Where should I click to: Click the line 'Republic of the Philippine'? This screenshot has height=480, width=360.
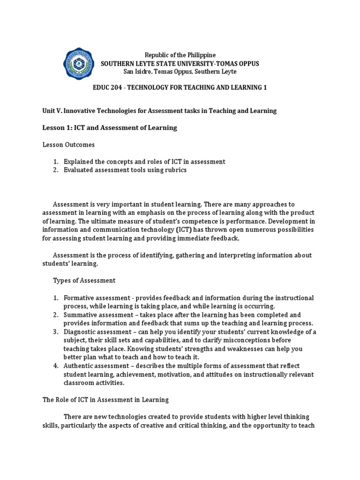click(180, 55)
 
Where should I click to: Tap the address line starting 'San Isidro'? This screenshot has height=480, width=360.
click(180, 71)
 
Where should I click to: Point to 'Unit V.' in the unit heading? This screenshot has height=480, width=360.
click(52, 111)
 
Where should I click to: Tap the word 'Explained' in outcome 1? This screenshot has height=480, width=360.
click(79, 161)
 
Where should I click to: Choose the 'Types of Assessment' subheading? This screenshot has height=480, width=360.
click(83, 280)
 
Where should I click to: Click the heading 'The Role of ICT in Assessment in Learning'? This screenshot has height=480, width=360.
click(105, 399)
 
